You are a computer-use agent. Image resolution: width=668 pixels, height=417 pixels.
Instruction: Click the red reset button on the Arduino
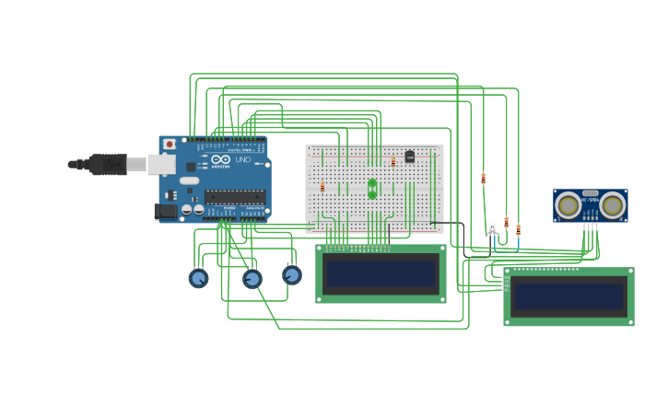coord(170,144)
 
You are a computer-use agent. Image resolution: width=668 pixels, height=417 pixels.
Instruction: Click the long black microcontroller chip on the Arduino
coord(234,195)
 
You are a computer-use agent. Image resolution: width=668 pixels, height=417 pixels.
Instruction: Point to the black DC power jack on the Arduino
coord(167,211)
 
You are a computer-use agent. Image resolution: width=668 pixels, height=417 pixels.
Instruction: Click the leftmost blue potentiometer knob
coord(198,277)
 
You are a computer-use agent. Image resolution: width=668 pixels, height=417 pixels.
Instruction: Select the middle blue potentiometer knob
coord(252,278)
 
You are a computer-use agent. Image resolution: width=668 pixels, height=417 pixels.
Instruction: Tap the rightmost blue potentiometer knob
coord(292,274)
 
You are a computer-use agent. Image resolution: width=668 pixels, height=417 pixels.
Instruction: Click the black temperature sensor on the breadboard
coord(409,156)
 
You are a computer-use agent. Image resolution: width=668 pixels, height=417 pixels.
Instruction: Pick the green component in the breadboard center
coord(372,189)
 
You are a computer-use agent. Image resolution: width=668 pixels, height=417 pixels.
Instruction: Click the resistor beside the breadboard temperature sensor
coord(393,162)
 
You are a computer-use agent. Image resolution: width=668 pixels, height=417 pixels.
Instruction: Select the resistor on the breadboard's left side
coord(322,187)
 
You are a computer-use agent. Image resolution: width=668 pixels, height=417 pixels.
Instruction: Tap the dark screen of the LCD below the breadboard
coord(381,273)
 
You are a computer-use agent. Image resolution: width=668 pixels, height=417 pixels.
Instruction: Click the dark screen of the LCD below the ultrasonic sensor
coord(568,296)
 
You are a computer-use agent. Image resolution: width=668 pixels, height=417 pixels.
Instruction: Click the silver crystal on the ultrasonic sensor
coord(591,194)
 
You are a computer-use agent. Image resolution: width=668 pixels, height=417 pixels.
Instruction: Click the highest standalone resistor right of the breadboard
coord(483,179)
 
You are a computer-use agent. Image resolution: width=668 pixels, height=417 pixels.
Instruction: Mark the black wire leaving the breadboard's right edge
coord(449,223)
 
